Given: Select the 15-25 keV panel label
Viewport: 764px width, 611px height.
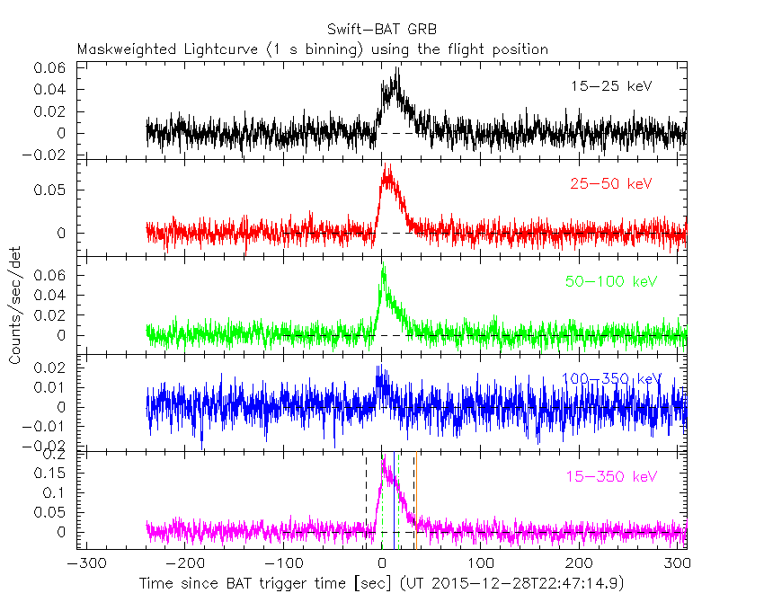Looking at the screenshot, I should (x=610, y=86).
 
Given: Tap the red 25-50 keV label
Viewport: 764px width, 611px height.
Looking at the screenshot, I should (x=610, y=184).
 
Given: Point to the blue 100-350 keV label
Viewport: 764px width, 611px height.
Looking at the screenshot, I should (x=611, y=379).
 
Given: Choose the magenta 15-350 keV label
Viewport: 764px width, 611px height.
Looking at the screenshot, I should (x=611, y=476).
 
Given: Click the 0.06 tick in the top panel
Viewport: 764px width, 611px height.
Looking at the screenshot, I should (x=50, y=68).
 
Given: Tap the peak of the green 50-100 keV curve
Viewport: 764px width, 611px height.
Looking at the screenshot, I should (x=384, y=263).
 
